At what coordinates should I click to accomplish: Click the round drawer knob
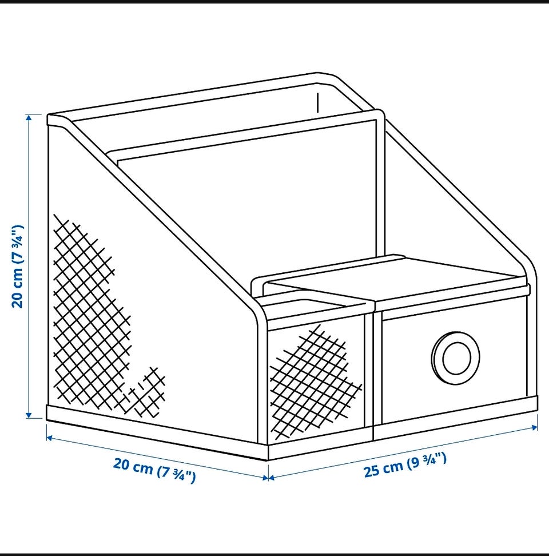[455, 358]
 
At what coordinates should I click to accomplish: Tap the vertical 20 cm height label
[18, 267]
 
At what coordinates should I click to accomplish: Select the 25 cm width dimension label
[405, 465]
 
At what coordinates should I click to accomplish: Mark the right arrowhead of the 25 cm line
[535, 428]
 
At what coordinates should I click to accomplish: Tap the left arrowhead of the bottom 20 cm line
[50, 438]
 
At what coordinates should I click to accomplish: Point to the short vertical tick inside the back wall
[318, 103]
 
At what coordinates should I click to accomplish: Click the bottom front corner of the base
[268, 459]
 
